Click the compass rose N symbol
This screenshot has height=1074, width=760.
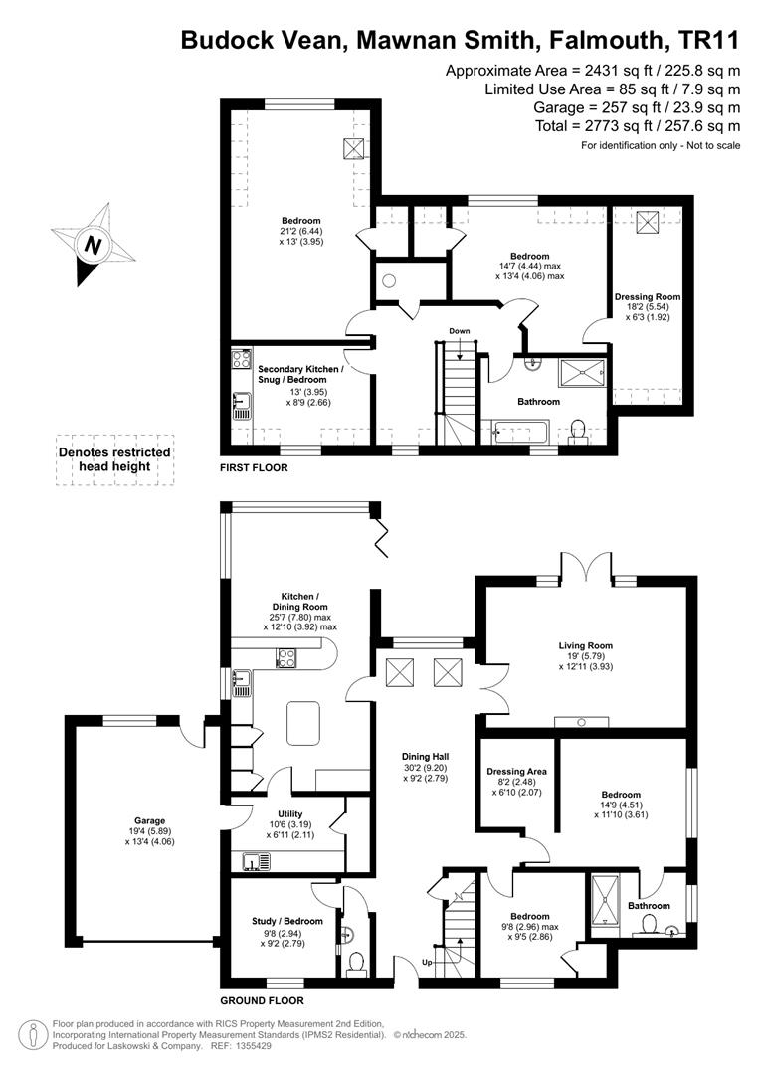(93, 245)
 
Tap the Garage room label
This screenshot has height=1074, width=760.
(149, 820)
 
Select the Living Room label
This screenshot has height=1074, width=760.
(585, 645)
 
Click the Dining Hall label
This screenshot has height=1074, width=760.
(425, 756)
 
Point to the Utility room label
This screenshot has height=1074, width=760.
(290, 814)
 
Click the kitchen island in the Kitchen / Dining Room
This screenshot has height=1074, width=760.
(303, 723)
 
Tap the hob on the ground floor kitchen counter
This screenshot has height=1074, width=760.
(286, 658)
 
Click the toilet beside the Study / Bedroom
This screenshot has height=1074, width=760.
(356, 963)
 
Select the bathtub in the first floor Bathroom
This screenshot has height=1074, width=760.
(519, 433)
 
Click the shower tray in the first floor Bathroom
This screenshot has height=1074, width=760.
(582, 373)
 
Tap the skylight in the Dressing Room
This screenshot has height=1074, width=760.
(647, 221)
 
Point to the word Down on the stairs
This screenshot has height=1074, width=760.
(460, 331)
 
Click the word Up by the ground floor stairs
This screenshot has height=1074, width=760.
(427, 962)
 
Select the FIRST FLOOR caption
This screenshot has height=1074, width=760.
(254, 467)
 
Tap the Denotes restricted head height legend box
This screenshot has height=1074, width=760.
(114, 460)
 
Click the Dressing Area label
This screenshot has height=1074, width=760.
(516, 772)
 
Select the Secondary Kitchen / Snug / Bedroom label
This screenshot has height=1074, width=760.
(300, 374)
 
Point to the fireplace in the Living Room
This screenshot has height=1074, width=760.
(581, 721)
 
